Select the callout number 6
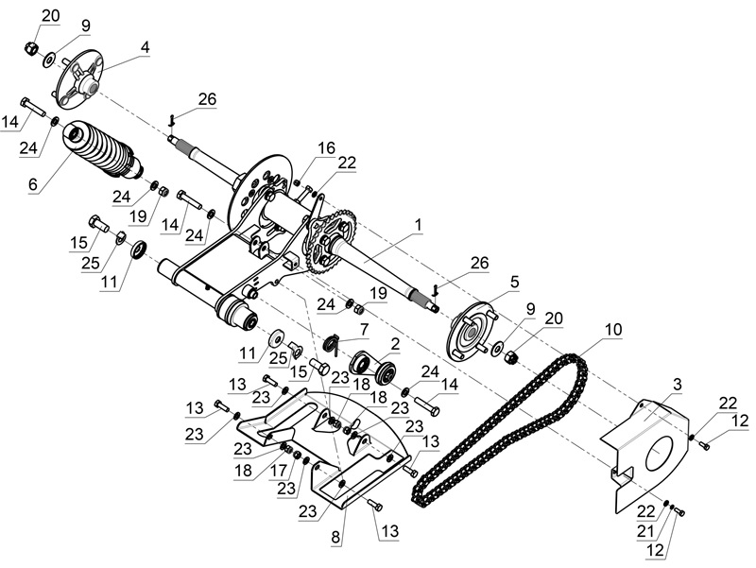33,186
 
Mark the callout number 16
325,148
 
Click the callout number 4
145,45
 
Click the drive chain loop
501,425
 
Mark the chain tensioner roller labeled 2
374,365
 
